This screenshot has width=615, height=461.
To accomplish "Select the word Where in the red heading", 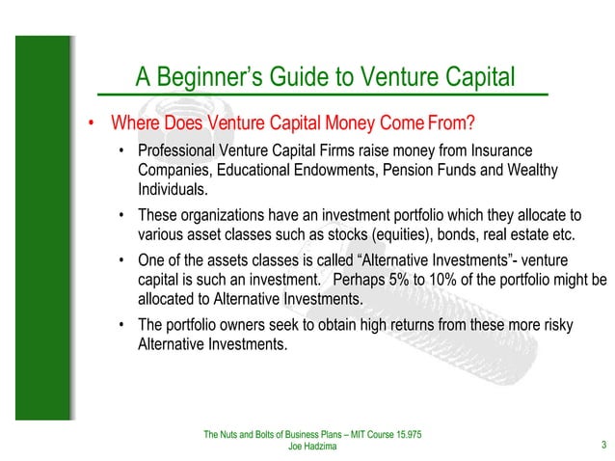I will (134, 124).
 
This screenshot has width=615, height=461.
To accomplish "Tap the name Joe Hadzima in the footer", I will (312, 447).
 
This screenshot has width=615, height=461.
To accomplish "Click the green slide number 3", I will (602, 445).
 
